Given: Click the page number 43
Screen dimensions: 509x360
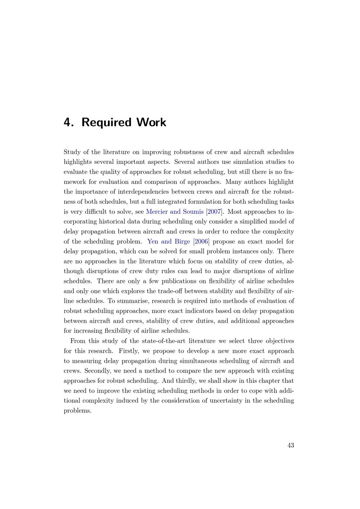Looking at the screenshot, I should click(291, 445).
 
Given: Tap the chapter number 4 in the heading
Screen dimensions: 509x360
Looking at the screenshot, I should click(67, 122).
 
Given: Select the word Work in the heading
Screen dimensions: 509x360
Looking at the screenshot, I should click(151, 122).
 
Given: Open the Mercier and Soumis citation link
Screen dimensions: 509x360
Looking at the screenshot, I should click(175, 212).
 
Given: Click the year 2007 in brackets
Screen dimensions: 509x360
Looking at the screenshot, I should click(214, 212).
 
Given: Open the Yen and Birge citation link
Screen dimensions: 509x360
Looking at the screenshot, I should click(168, 242).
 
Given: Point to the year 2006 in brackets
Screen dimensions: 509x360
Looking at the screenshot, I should click(201, 242).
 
